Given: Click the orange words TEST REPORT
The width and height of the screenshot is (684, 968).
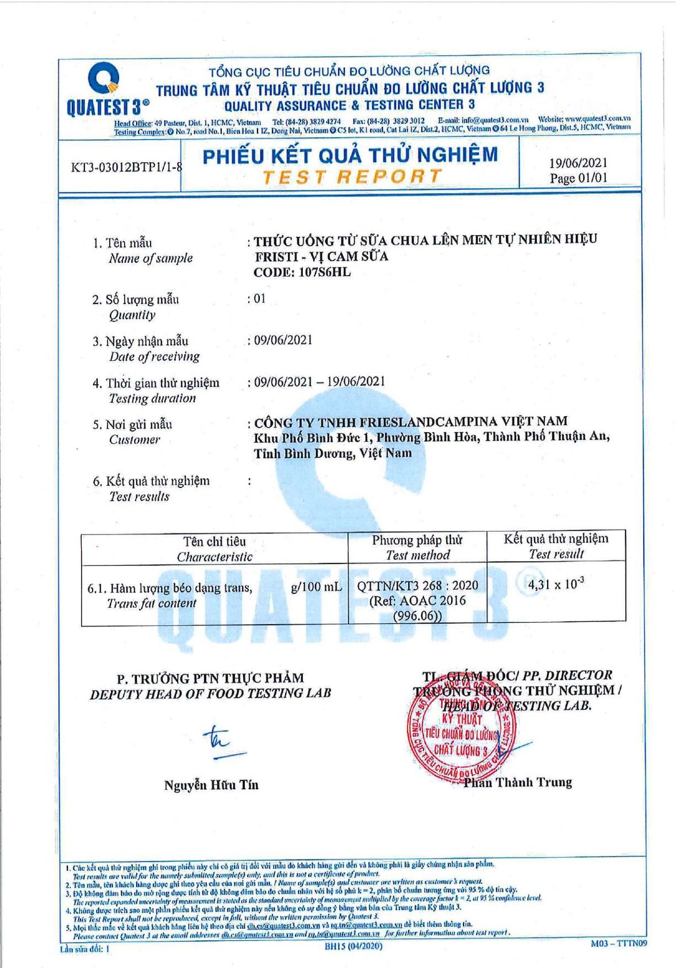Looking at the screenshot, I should [352, 176].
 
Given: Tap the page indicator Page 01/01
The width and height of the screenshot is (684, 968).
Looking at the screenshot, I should [578, 178].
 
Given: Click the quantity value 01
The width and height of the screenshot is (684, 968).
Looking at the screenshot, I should [259, 298].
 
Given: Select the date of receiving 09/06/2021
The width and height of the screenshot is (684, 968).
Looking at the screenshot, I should [283, 340].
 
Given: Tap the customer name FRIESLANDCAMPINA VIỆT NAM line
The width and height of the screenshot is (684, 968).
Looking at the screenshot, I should [410, 421].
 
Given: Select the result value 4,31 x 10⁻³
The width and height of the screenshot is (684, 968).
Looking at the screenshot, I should [556, 585].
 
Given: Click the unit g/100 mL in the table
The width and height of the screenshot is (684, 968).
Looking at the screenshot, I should [316, 587].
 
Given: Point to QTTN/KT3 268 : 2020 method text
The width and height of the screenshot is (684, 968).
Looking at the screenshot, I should [417, 586].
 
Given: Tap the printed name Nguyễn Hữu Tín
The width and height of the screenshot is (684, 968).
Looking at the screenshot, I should [211, 785].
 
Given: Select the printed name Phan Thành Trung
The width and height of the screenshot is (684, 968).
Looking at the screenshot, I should [517, 782].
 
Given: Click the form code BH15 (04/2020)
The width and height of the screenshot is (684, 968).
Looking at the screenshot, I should [353, 946].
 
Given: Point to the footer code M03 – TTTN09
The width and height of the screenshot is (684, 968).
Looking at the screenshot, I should [618, 943].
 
